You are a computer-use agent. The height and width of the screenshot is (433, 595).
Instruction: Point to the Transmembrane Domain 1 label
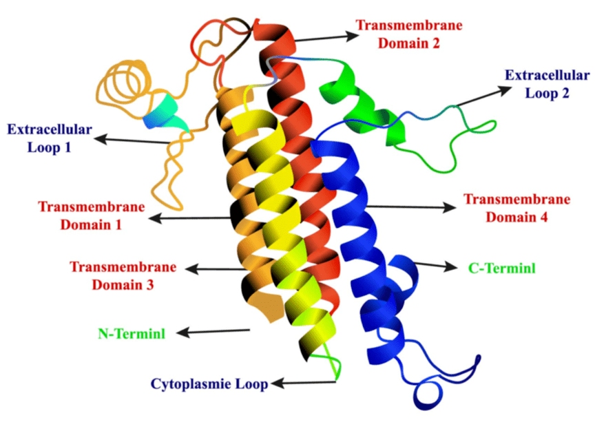pos(91,215)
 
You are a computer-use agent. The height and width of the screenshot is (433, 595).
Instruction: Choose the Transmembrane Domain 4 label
pos(516,208)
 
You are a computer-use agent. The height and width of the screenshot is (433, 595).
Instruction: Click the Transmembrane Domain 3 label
pos(123,275)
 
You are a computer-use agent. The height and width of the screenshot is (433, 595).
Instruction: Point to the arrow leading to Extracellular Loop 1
pos(134,141)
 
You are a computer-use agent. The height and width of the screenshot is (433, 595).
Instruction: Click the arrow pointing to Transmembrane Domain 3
pos(220,268)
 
